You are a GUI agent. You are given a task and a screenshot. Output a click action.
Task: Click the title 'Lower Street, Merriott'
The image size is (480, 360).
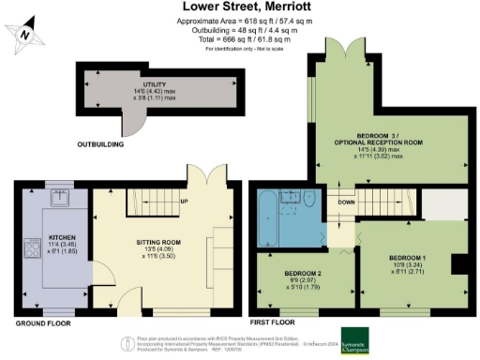(239, 7)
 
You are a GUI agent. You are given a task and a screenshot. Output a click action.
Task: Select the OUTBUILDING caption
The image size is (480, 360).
(103, 145)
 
